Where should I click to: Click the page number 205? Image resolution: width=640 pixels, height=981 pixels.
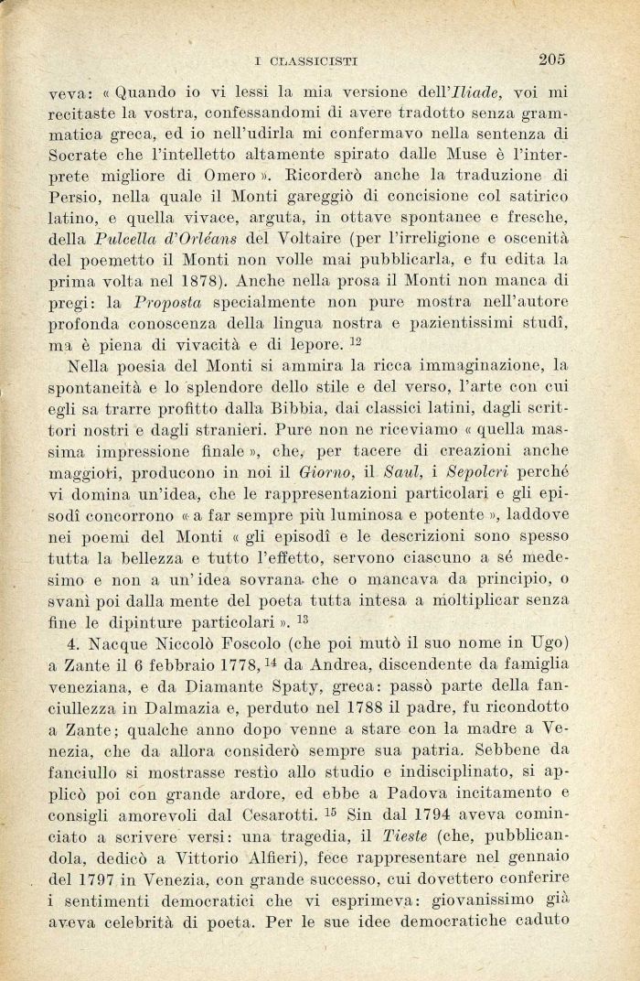[x=552, y=59]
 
